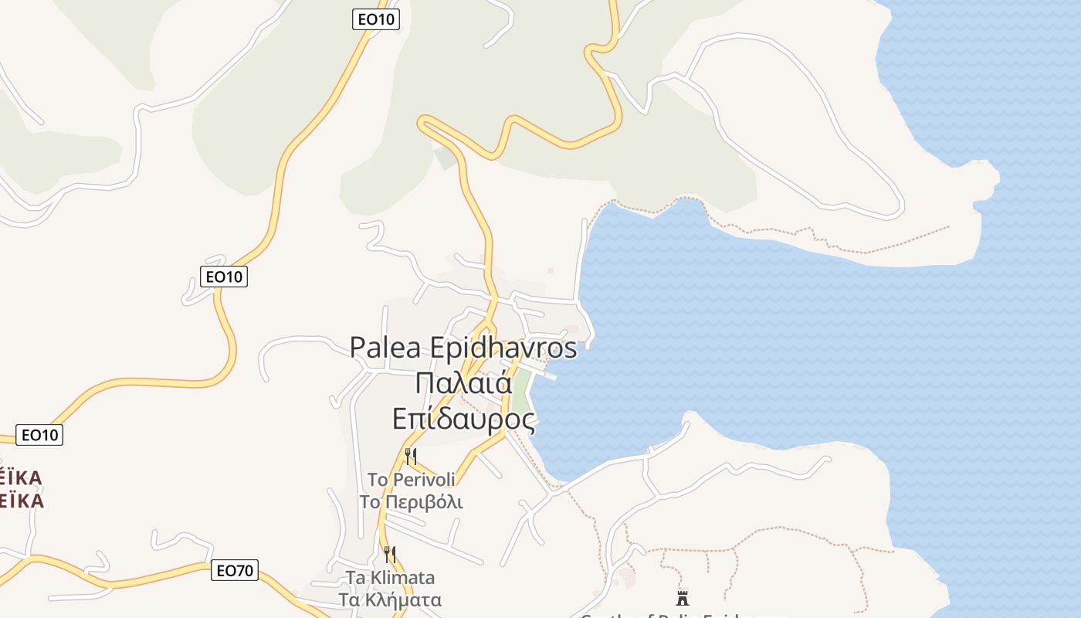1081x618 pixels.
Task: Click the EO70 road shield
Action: [235, 571]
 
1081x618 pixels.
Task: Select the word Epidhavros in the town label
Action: [503, 348]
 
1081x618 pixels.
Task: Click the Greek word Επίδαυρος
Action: [463, 419]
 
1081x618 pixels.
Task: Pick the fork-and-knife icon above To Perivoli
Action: [411, 457]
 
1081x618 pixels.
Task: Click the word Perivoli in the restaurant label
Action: [424, 480]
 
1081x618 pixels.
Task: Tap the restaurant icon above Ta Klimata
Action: [390, 554]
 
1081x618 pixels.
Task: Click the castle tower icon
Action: [682, 597]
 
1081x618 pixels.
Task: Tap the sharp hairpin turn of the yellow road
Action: [424, 122]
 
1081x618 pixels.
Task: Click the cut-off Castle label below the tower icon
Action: [664, 615]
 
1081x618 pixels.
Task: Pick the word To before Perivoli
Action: [377, 480]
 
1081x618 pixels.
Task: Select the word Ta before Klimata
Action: [354, 578]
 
